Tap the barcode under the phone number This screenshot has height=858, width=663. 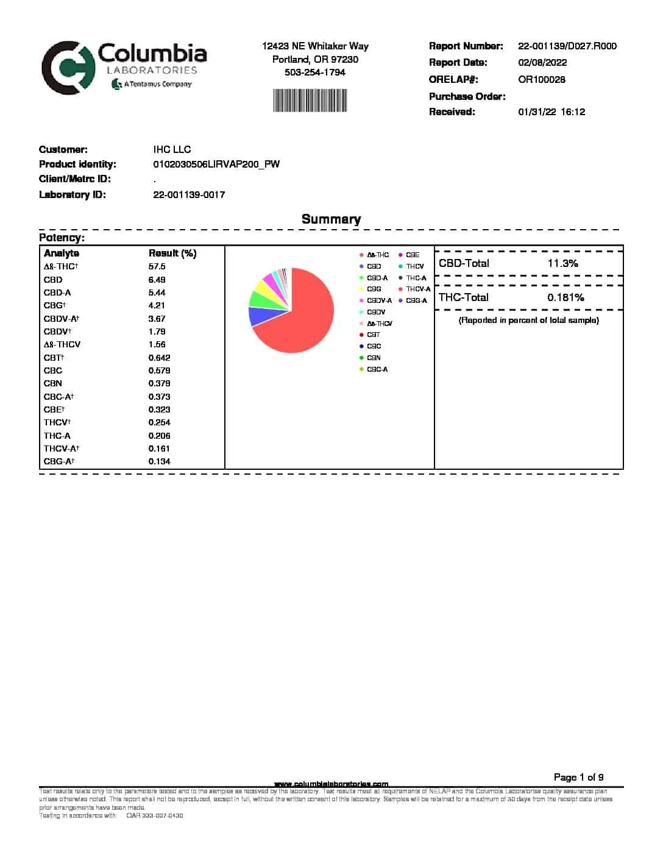tap(310, 101)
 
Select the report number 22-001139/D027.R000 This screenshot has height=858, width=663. tap(567, 46)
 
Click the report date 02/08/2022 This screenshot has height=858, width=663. tap(542, 63)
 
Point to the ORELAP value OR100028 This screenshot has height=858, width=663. tap(541, 80)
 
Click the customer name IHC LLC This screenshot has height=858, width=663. tap(172, 150)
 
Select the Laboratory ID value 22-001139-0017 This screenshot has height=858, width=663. tap(189, 195)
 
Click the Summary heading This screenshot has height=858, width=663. tap(331, 219)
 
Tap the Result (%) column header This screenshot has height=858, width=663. tap(172, 253)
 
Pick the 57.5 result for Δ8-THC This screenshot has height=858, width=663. tap(157, 267)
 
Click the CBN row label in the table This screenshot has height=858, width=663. tap(52, 384)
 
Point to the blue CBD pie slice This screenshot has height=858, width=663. tap(258, 316)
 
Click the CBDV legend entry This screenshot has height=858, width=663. tap(376, 312)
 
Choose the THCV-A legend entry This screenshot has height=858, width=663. tap(418, 289)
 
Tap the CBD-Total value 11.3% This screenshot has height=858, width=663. tap(562, 264)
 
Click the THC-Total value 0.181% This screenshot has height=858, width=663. tap(565, 298)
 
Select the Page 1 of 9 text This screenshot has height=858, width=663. tap(578, 778)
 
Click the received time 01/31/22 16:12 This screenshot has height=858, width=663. tap(551, 112)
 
